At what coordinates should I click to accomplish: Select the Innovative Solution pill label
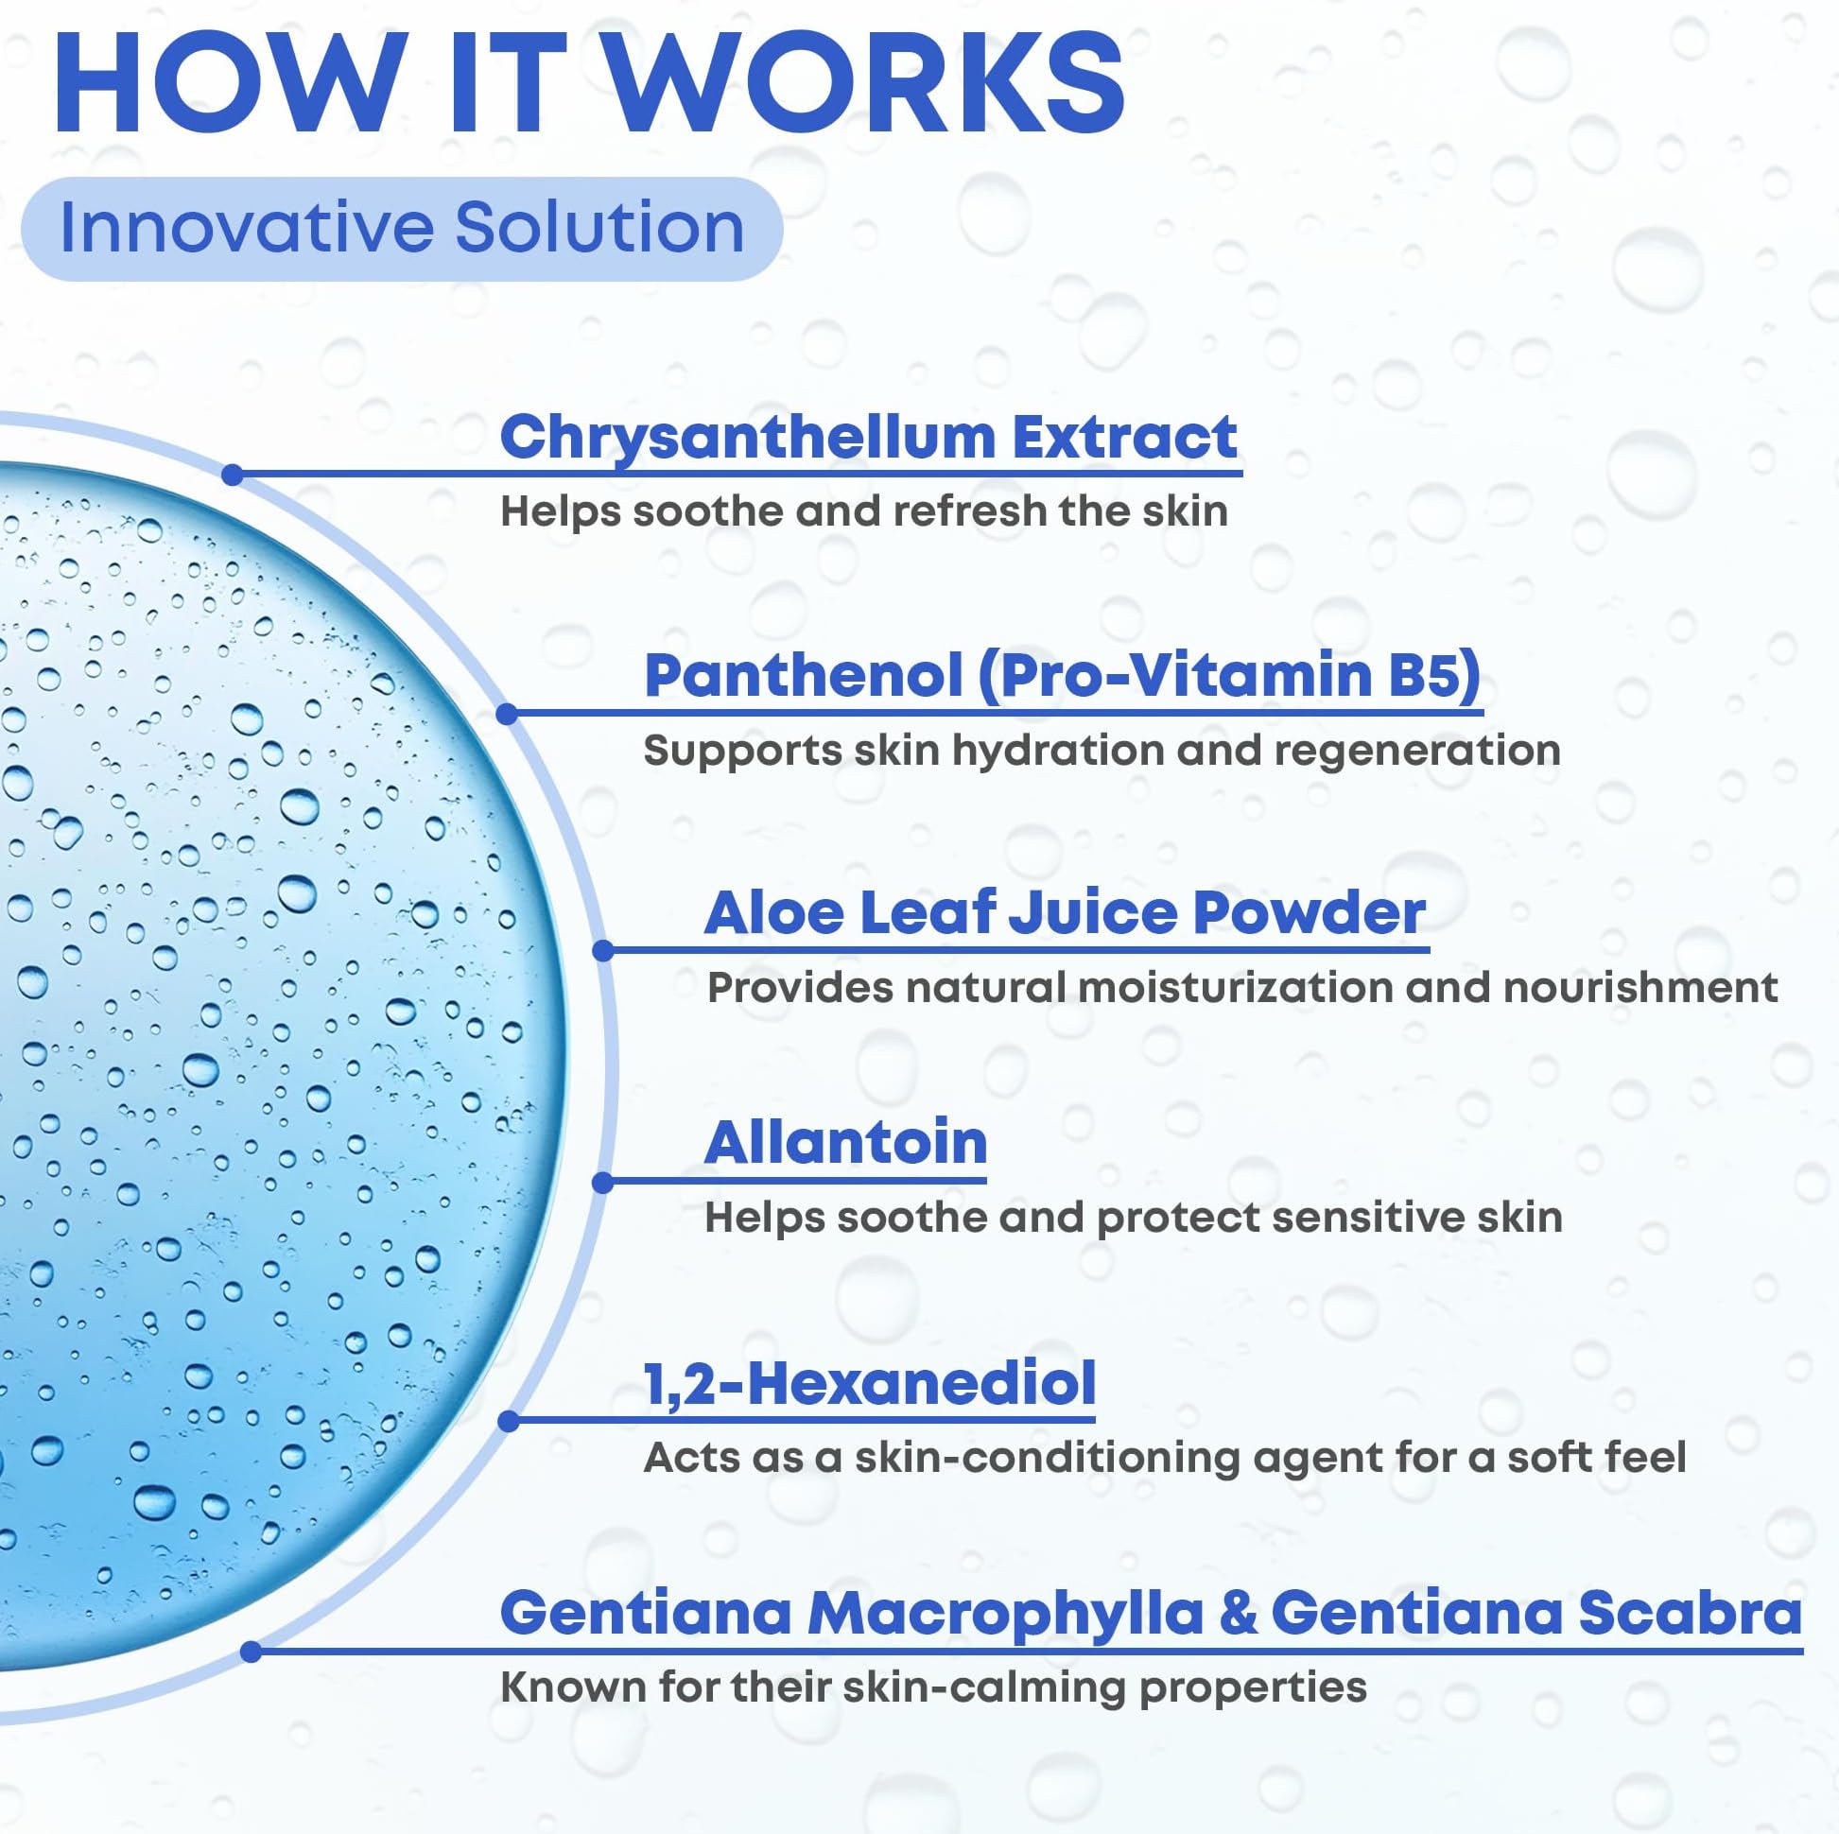pos(402,229)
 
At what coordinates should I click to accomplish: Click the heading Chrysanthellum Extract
pos(868,437)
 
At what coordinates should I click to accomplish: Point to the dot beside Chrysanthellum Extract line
pos(233,474)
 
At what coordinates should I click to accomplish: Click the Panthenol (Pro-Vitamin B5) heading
pos(1063,676)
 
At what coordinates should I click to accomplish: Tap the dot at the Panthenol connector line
pos(508,713)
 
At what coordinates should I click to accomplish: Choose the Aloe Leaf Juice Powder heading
pos(1065,912)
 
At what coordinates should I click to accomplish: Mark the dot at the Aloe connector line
pos(603,950)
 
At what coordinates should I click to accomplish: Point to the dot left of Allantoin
pos(602,1182)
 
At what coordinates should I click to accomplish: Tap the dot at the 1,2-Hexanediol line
pos(509,1421)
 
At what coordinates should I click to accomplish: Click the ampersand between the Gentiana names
pos(1238,1613)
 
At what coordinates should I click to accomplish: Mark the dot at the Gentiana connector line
pos(252,1652)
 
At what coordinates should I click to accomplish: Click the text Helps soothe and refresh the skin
pos(864,511)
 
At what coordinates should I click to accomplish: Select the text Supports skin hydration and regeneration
pos(1102,750)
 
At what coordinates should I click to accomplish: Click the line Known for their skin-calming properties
pos(934,1687)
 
